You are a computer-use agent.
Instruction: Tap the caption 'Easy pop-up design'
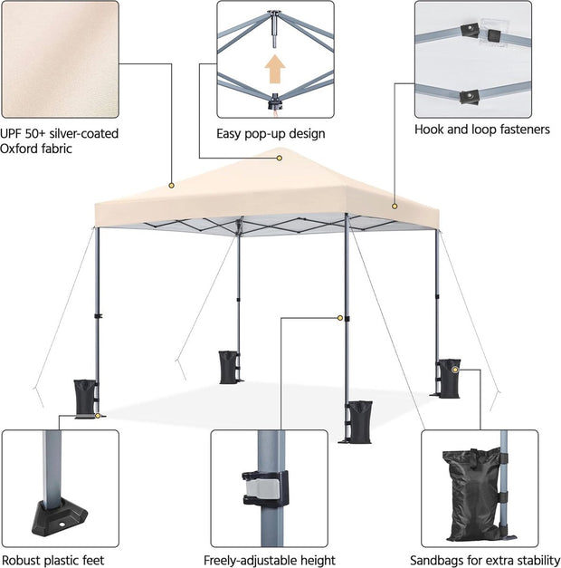(271, 134)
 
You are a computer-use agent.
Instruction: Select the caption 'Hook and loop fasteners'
(481, 130)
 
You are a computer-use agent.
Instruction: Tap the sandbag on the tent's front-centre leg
(359, 419)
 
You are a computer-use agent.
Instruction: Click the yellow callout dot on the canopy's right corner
(395, 207)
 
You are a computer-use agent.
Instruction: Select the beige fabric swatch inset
(59, 59)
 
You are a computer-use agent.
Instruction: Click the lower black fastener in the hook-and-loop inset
(469, 95)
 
